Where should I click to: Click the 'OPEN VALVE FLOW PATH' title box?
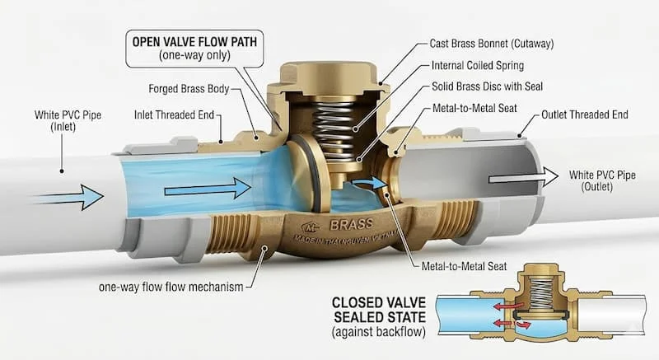[194, 49]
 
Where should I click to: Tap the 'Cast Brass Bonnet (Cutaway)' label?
[491, 44]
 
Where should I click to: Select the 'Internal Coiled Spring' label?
[478, 66]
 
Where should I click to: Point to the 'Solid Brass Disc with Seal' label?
[487, 86]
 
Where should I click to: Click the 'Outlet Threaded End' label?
[584, 115]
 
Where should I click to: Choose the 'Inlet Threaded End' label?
[174, 115]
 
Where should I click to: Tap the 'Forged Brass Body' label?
[189, 89]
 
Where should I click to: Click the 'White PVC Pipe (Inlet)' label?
[68, 120]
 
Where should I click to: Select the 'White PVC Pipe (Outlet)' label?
[602, 180]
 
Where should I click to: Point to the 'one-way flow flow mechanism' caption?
[171, 287]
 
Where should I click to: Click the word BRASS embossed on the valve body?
[352, 225]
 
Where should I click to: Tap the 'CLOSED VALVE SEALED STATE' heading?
[379, 310]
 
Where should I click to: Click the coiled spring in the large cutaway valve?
[334, 129]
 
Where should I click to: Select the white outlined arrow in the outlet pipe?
[523, 177]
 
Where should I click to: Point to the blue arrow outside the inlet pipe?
[68, 197]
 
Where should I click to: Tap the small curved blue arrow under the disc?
[369, 183]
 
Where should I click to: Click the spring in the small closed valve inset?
[540, 292]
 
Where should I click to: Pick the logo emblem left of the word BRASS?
[311, 227]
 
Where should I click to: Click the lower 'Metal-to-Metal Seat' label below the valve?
[464, 266]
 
